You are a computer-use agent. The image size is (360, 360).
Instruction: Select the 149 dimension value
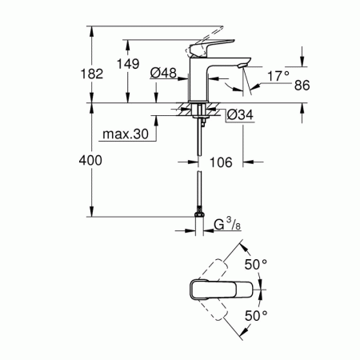point(131,63)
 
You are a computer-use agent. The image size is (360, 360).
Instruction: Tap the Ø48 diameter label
point(165,74)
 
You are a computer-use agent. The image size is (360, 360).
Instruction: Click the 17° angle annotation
point(275,77)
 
